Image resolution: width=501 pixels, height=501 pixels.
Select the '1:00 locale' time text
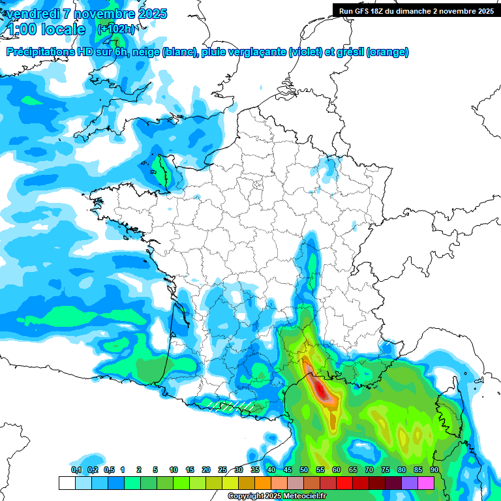coord(46,29)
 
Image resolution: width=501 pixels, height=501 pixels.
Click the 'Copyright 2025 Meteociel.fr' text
coord(277,496)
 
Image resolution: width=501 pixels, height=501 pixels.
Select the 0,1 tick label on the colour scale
coord(76,470)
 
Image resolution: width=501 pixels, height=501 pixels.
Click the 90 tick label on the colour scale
coord(434,470)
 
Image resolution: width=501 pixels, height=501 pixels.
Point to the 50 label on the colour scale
coord(304,470)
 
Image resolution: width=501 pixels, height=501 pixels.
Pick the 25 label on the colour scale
coord(222,470)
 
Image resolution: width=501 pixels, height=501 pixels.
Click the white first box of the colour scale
coord(67,483)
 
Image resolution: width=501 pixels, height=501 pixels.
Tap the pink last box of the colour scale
coord(426,483)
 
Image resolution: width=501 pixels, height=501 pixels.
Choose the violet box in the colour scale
coord(410,483)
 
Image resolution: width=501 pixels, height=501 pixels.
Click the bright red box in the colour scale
coord(344,483)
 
